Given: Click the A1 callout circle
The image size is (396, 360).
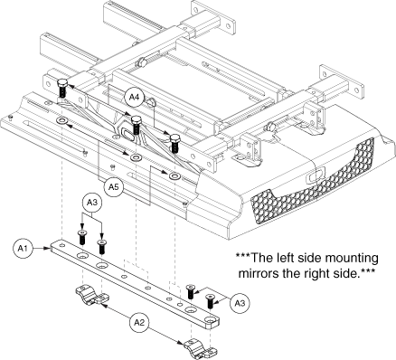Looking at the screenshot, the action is (x=23, y=249).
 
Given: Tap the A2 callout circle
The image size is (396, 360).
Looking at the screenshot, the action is (x=139, y=323).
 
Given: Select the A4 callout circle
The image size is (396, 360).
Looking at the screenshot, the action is (x=134, y=97).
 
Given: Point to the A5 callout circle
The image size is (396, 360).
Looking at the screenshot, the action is (x=113, y=187).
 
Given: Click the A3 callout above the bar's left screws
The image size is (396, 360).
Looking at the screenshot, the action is (x=92, y=204).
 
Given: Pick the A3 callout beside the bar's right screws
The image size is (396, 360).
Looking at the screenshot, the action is (x=240, y=303).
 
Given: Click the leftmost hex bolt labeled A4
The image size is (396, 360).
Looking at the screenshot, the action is (x=62, y=87).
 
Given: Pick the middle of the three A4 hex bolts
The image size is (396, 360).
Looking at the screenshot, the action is (x=136, y=125).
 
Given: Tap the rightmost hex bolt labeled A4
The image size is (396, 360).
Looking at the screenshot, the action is (x=174, y=144).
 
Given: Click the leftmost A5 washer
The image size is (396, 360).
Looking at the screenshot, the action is (x=61, y=121).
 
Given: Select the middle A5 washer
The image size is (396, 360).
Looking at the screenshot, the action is (x=136, y=157).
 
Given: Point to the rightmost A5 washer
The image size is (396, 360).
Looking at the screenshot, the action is (x=174, y=176).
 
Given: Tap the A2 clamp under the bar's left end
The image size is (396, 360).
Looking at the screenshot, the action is (x=92, y=295).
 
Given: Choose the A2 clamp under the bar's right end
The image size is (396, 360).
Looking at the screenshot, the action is (x=201, y=348).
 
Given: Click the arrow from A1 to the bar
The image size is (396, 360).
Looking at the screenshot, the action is (x=41, y=249).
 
